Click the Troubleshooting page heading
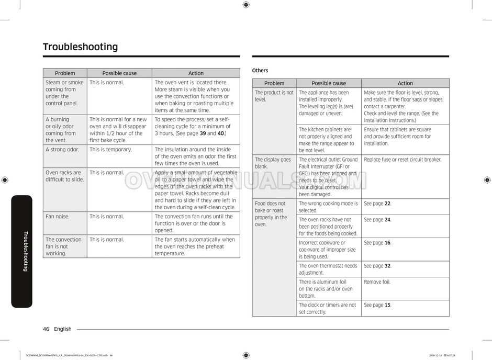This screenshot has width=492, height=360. (x=80, y=47)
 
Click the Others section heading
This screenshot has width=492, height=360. (x=260, y=71)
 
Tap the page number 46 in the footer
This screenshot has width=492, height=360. (x=46, y=329)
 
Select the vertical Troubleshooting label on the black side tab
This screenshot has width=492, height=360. (x=25, y=251)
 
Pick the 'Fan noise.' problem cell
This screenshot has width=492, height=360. (x=58, y=217)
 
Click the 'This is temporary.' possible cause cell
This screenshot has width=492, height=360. (x=110, y=150)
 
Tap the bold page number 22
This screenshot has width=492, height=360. (x=387, y=204)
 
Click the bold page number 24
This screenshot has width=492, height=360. (x=387, y=220)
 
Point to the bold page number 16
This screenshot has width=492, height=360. (x=387, y=243)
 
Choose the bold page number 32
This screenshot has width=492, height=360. (x=387, y=266)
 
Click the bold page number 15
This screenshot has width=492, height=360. (x=387, y=305)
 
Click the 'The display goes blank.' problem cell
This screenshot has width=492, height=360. (x=273, y=163)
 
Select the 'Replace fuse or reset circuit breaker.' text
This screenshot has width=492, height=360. (x=402, y=160)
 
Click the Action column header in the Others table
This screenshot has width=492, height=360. (x=405, y=83)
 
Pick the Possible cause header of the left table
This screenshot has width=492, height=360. (x=119, y=73)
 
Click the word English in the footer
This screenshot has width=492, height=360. (x=63, y=329)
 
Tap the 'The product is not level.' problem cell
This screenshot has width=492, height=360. (x=274, y=96)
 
